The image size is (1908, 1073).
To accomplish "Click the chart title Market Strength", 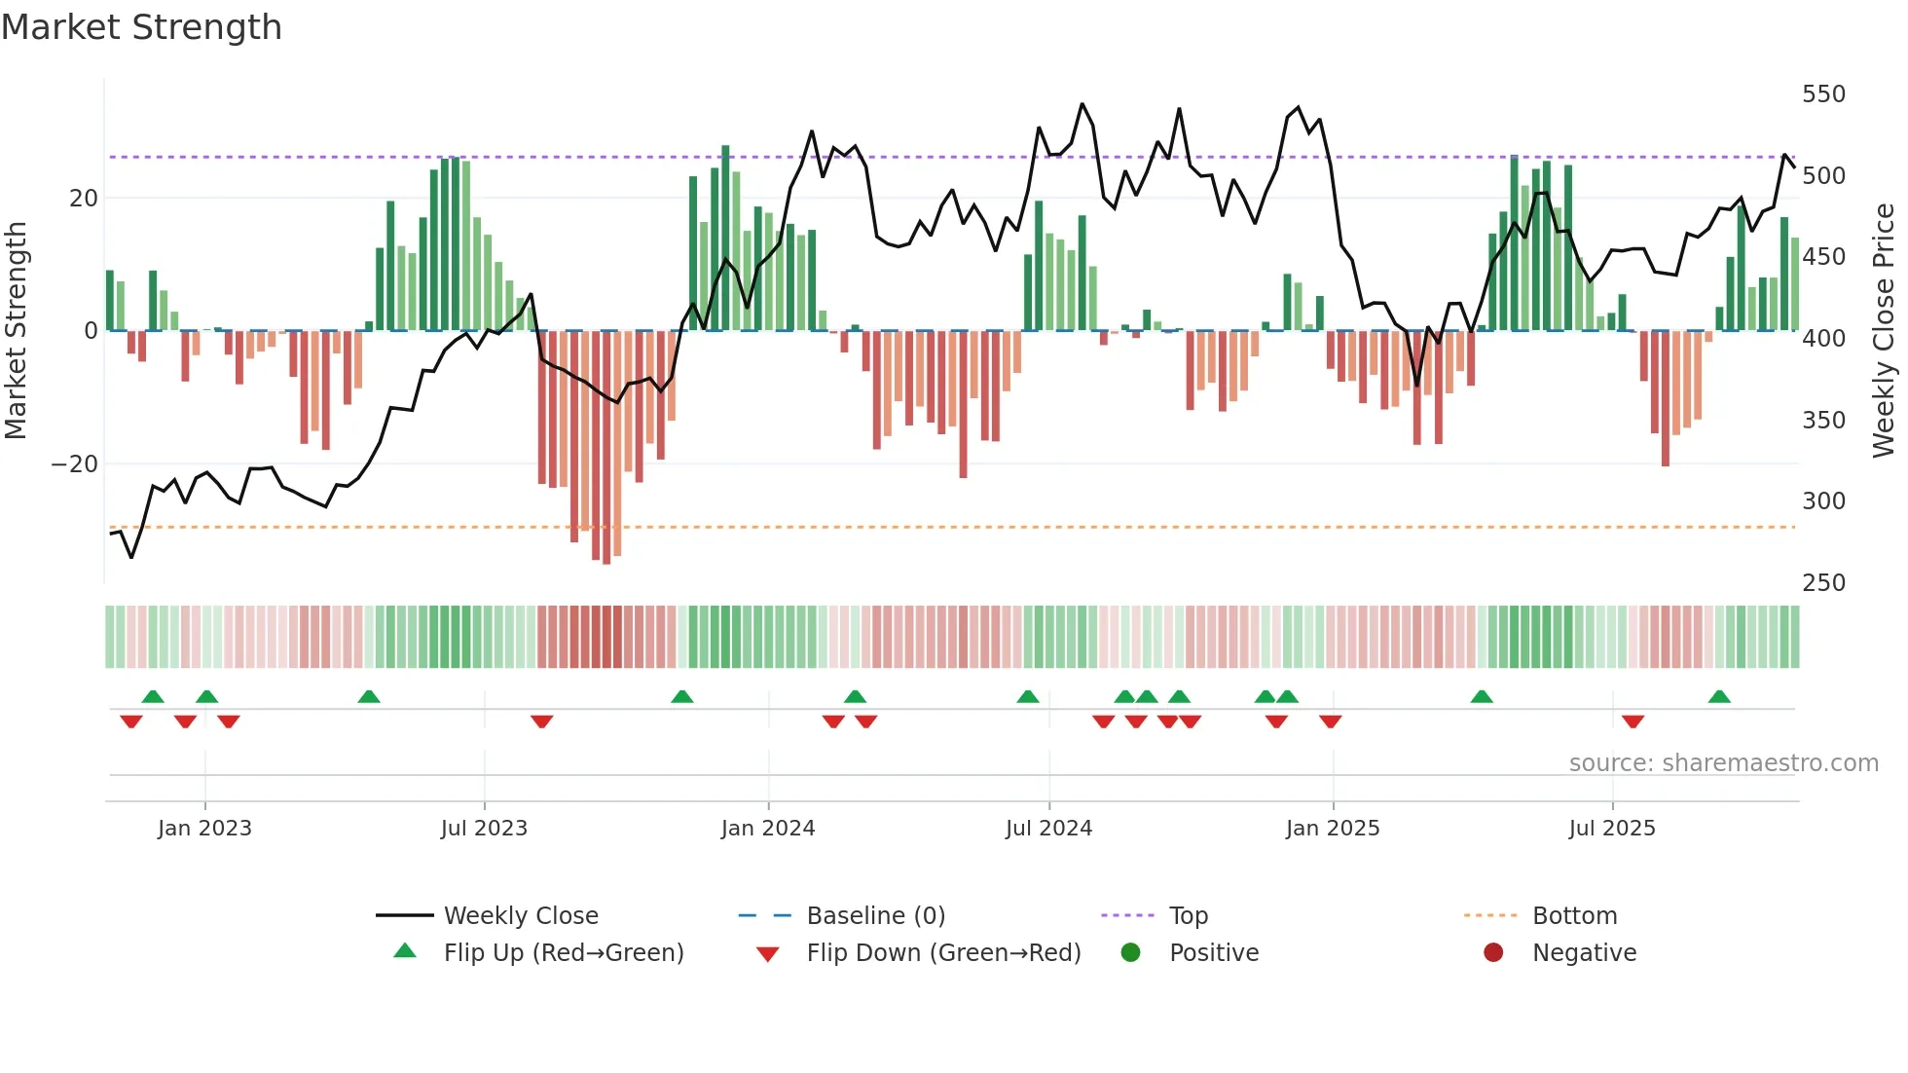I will [141, 27].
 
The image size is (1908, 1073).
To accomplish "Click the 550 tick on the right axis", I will [1823, 94].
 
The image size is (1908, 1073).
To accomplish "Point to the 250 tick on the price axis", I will [1823, 582].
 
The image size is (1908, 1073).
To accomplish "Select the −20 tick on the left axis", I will [75, 464].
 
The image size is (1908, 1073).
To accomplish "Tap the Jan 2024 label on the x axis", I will [767, 829].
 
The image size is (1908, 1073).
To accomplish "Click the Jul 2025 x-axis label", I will [1611, 829].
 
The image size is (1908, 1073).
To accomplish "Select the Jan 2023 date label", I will [204, 829].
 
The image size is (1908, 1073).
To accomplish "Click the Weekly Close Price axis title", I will [1884, 331].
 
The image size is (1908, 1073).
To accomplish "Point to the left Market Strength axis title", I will [16, 331].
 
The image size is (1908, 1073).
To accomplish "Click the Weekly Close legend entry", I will [521, 916].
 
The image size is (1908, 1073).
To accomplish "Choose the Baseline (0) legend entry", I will [875, 916].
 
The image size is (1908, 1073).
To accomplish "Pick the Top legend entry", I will [1188, 916].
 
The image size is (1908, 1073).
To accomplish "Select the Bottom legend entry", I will [1574, 916].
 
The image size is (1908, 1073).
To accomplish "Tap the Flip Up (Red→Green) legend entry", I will [563, 953].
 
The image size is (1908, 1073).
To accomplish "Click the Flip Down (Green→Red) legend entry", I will [943, 953].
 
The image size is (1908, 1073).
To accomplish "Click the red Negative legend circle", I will [1493, 952].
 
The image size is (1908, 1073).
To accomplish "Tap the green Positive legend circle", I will [1130, 952].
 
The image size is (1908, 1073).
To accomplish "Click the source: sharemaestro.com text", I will [1723, 763].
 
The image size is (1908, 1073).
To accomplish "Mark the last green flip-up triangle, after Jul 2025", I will [1719, 697].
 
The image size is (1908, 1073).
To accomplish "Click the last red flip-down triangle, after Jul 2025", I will [1633, 721].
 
